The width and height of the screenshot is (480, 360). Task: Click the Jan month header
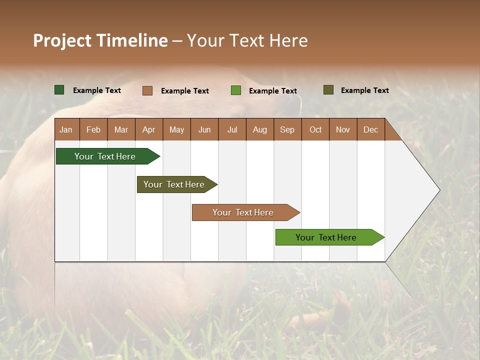(x=66, y=129)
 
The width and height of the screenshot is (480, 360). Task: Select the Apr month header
(x=149, y=129)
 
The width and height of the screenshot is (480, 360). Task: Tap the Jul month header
(x=232, y=129)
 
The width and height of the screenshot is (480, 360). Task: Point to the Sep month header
(x=287, y=129)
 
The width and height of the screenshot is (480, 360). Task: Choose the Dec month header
(x=370, y=129)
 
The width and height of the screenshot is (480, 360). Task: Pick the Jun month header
(x=204, y=129)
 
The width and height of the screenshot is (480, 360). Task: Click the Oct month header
(x=315, y=129)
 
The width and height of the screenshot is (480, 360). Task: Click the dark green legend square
(x=59, y=90)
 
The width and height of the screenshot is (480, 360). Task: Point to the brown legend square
(x=147, y=90)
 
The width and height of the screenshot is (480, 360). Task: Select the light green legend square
(x=236, y=90)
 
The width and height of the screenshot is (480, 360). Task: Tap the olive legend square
(x=328, y=90)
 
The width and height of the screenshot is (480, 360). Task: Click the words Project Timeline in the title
(x=100, y=40)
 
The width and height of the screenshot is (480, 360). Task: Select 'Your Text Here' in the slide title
(x=247, y=40)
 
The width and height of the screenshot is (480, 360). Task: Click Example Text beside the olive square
(x=364, y=90)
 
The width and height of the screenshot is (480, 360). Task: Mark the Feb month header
(x=93, y=129)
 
